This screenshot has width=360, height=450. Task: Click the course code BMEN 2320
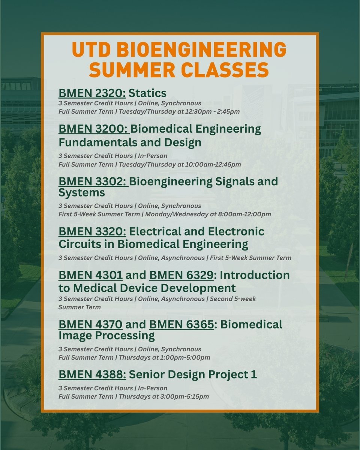(x=92, y=93)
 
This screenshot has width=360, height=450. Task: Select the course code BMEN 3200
(x=94, y=129)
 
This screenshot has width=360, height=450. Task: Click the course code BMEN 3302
(x=93, y=181)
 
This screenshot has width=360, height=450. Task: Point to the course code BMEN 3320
(x=92, y=231)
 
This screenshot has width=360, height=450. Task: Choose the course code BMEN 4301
(x=90, y=275)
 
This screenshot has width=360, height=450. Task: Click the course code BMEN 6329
(x=181, y=275)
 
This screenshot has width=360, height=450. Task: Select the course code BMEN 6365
(x=181, y=324)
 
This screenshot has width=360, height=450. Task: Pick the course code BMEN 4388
(x=92, y=375)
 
